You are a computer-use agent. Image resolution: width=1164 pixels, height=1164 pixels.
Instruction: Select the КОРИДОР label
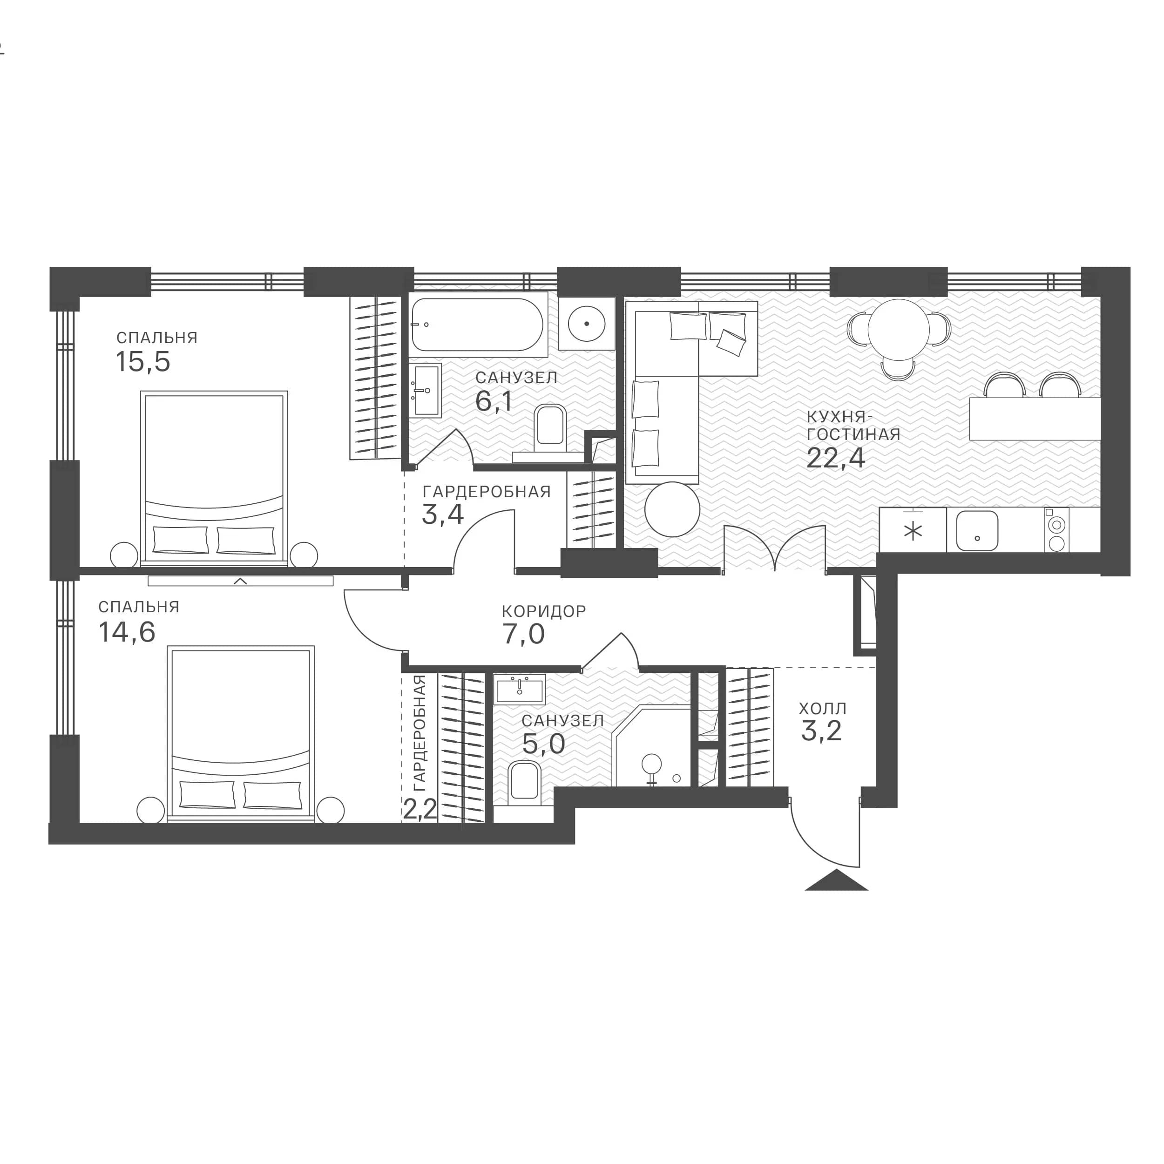click(544, 611)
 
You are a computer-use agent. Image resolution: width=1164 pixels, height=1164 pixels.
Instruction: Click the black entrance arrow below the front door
click(836, 880)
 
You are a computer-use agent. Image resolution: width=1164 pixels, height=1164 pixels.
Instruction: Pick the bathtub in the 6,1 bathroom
click(478, 325)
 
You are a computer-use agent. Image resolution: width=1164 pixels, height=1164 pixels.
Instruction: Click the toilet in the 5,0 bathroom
click(525, 783)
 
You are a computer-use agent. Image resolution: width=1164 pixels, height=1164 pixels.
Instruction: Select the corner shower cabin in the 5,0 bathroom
click(651, 747)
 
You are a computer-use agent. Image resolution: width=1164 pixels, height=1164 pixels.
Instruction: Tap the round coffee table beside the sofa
click(672, 509)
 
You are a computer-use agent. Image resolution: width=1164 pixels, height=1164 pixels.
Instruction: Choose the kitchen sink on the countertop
click(977, 531)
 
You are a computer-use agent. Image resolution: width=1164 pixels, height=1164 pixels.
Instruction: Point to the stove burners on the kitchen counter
click(1056, 530)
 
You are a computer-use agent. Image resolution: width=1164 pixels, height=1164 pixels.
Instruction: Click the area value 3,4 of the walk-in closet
click(443, 515)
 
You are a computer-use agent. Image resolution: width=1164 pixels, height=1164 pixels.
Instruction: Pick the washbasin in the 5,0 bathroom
click(519, 689)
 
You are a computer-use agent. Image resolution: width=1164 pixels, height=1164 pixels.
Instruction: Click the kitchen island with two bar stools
click(1035, 418)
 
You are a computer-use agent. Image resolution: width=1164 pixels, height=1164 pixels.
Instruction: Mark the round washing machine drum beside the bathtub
click(586, 324)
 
